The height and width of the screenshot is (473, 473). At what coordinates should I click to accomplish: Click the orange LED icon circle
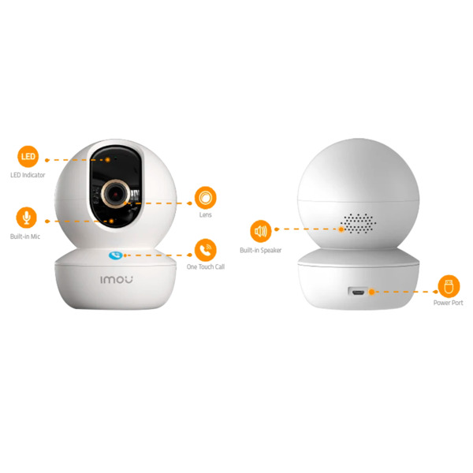coord(28,157)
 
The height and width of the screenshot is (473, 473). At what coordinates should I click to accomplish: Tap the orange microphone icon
coord(27,218)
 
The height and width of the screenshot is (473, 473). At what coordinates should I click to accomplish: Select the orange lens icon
coord(206,198)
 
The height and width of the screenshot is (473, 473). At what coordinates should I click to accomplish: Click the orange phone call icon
coord(206,250)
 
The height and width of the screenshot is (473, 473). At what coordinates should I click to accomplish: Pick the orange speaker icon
coord(261,231)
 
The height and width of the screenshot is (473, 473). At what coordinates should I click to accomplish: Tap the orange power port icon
coord(449,286)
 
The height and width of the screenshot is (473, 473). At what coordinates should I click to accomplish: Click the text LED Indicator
coord(28,175)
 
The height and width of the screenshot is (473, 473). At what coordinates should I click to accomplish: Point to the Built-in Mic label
coord(25,236)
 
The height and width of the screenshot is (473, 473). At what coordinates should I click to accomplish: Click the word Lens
coord(206,214)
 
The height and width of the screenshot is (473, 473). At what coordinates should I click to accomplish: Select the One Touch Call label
coord(206,266)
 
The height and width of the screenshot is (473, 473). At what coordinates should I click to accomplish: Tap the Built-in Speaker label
coord(261,250)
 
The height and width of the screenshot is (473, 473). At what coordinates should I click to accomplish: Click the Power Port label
coord(449,303)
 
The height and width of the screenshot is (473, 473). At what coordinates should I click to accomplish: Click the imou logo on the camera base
coord(117,280)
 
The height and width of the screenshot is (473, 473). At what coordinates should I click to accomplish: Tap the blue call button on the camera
coord(116,255)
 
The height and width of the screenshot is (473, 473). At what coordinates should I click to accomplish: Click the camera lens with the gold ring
coord(115,194)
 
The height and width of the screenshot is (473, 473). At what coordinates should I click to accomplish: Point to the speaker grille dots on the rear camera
coord(359,223)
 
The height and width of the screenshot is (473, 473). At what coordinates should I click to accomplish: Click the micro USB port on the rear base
coord(358,292)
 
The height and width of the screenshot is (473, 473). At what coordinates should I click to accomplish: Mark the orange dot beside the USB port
coord(371,292)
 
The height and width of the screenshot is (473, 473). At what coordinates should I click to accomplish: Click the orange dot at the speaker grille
coord(341,229)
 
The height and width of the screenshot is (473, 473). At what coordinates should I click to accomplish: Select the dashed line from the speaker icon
coord(308,229)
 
